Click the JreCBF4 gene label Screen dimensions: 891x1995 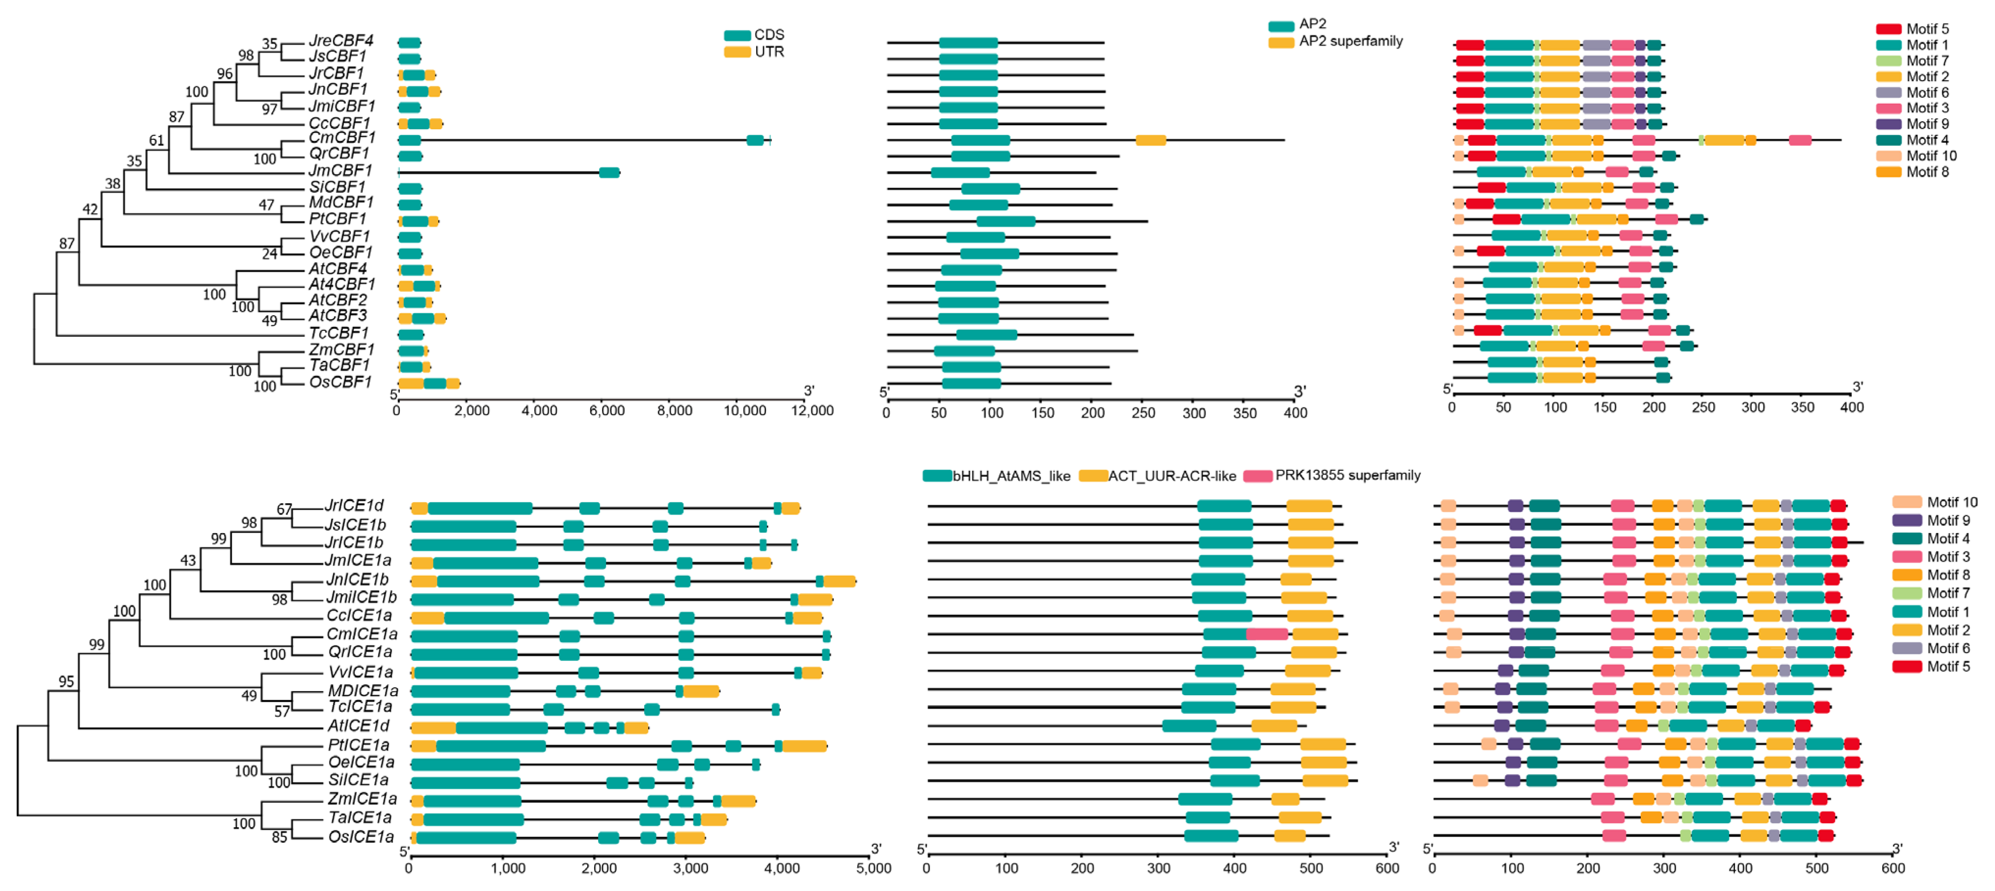pyautogui.click(x=341, y=40)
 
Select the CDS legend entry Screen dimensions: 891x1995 pyautogui.click(x=755, y=35)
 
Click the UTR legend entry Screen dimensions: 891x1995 pyautogui.click(x=755, y=52)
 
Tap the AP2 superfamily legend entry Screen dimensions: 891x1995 pyautogui.click(x=1336, y=41)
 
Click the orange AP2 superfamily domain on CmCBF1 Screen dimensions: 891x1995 pyautogui.click(x=1150, y=140)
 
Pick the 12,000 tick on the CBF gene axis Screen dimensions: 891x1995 pyautogui.click(x=812, y=410)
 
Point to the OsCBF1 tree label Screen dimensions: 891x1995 pyautogui.click(x=341, y=382)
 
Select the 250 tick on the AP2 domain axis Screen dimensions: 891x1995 pyautogui.click(x=1143, y=413)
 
